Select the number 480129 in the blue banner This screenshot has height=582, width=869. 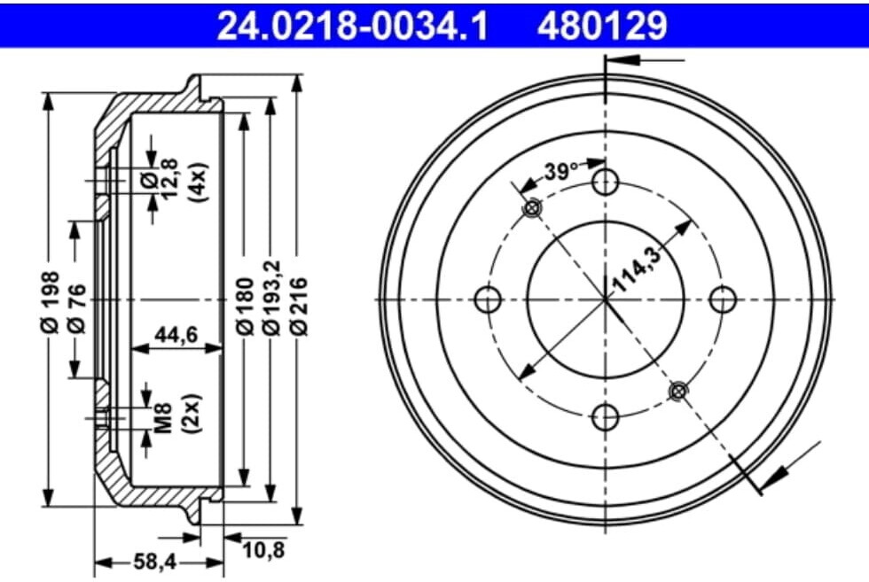pyautogui.click(x=600, y=24)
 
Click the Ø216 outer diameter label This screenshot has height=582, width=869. pyautogui.click(x=299, y=306)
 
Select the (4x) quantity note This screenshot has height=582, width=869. pyautogui.click(x=197, y=182)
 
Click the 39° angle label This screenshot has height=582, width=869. pyautogui.click(x=560, y=171)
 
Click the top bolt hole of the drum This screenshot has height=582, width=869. pyautogui.click(x=606, y=182)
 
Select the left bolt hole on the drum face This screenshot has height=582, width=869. pyautogui.click(x=489, y=299)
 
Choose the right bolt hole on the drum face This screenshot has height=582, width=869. pyautogui.click(x=724, y=299)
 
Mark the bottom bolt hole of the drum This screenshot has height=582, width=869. pyautogui.click(x=606, y=416)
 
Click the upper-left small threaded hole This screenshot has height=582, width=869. pyautogui.click(x=532, y=208)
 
